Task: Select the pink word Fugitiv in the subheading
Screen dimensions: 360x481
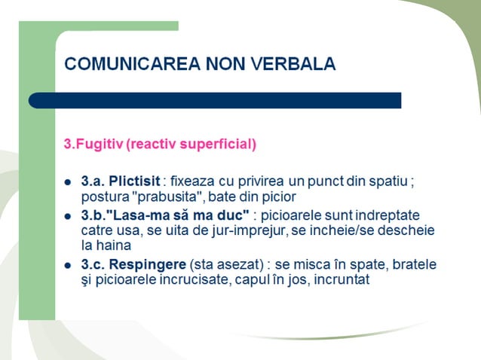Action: pyautogui.click(x=94, y=144)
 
